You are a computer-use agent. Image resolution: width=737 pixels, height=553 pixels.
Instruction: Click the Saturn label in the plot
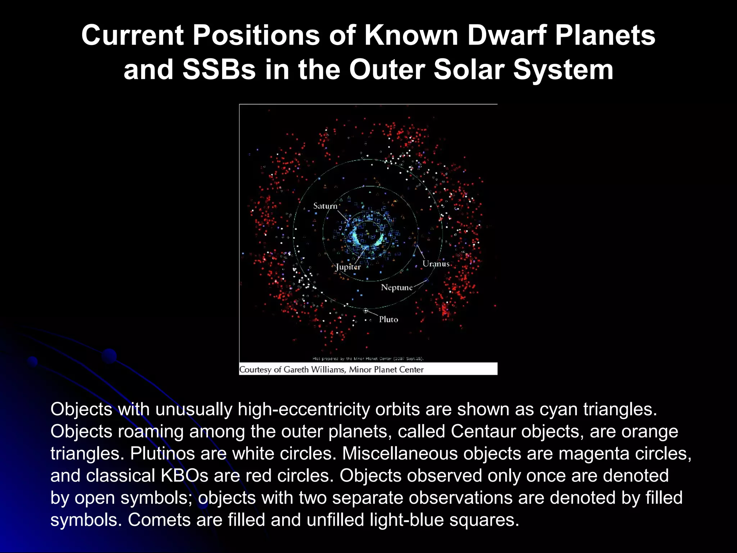click(x=325, y=206)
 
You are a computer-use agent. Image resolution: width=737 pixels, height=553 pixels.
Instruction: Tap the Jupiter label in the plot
click(x=348, y=267)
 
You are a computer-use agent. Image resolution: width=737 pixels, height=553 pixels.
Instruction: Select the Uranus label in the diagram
click(x=436, y=264)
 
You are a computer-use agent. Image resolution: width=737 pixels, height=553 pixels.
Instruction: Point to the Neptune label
click(x=397, y=287)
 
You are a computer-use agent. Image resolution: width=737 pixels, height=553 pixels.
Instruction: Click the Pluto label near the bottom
click(x=388, y=319)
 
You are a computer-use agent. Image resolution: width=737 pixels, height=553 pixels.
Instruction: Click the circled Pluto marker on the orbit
click(x=366, y=311)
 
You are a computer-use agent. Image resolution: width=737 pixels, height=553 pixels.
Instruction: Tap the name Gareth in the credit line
click(x=296, y=369)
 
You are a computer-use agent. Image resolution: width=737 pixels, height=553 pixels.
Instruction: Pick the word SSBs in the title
click(x=219, y=69)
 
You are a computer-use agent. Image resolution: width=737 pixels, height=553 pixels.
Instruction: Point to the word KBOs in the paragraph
click(x=184, y=476)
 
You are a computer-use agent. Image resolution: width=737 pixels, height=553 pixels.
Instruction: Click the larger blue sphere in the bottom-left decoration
click(x=109, y=356)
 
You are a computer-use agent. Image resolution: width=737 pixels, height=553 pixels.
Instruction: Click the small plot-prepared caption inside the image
click(x=368, y=359)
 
